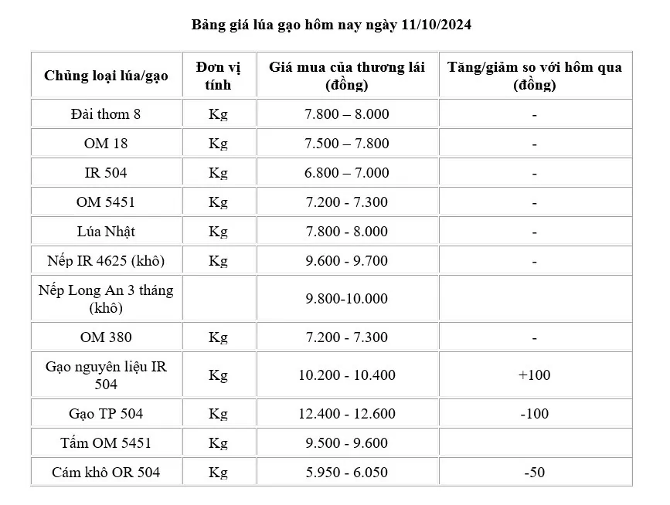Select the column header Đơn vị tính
pyautogui.click(x=218, y=76)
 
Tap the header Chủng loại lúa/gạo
pyautogui.click(x=107, y=76)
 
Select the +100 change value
pyautogui.click(x=534, y=375)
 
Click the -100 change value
pyautogui.click(x=534, y=414)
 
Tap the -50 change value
pyautogui.click(x=534, y=472)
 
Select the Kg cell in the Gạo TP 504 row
pyautogui.click(x=218, y=414)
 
